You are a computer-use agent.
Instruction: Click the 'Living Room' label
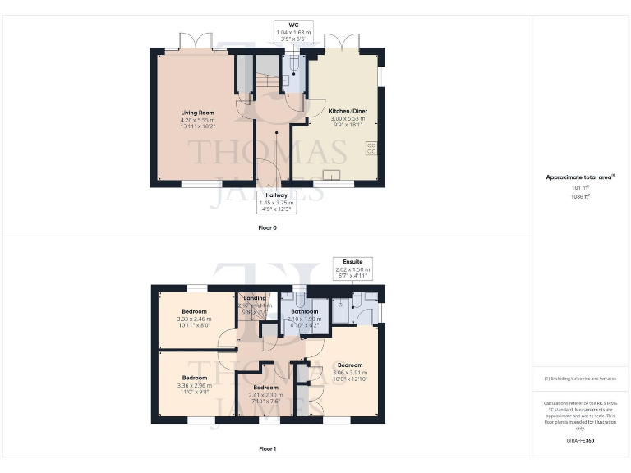(x=197, y=113)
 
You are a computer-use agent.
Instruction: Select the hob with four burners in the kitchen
(x=371, y=148)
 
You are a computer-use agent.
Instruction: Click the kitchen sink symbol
(x=334, y=174)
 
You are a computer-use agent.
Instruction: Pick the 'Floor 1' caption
(x=267, y=448)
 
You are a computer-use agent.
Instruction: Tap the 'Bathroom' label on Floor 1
(x=304, y=311)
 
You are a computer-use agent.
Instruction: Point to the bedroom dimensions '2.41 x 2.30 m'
(x=265, y=394)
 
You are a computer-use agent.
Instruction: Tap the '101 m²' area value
(x=581, y=188)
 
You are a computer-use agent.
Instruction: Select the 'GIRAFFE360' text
(x=581, y=441)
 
